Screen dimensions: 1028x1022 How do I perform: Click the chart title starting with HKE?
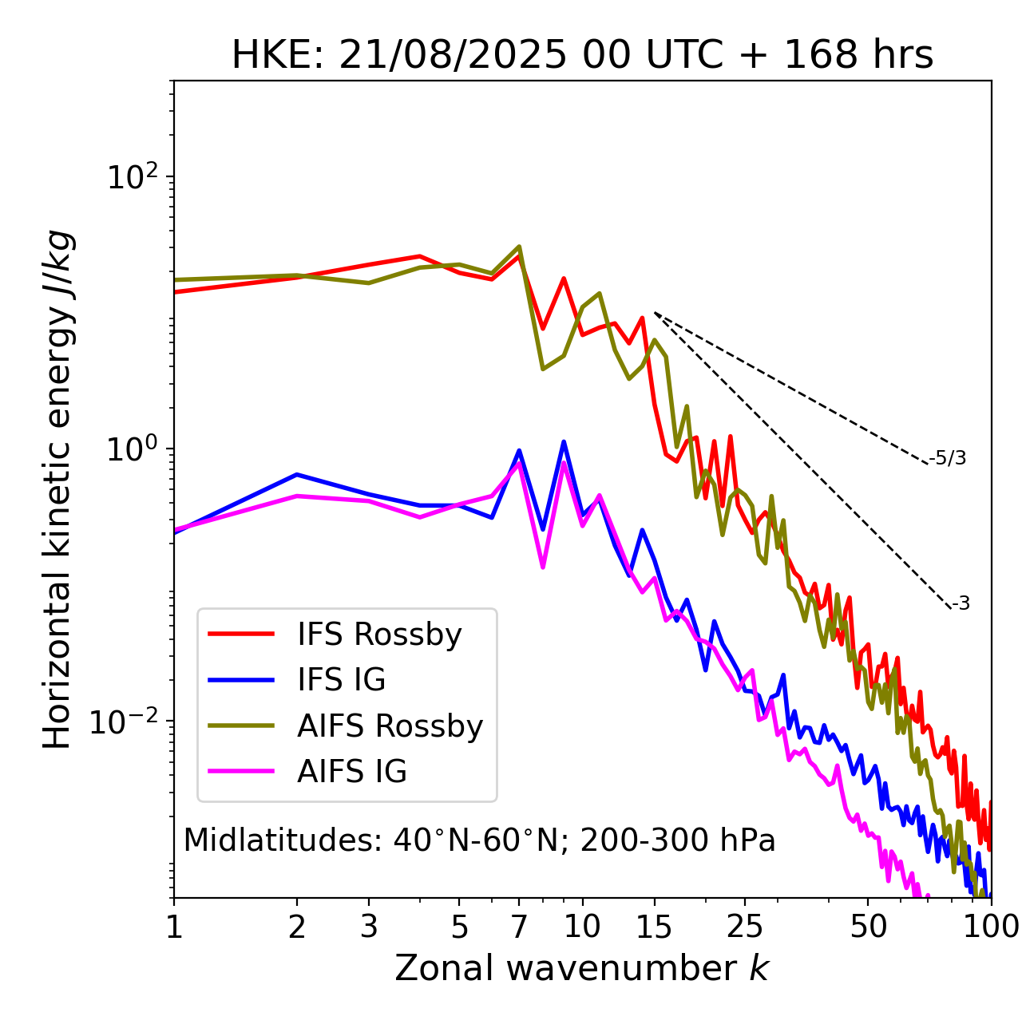tap(582, 56)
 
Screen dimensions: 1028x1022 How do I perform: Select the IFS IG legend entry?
tap(341, 680)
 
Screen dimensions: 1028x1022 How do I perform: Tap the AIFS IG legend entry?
tap(352, 772)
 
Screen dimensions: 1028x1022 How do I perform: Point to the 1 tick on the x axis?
tap(174, 927)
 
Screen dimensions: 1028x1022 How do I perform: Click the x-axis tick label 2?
tap(297, 927)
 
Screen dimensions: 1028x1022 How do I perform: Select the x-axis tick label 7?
tap(519, 927)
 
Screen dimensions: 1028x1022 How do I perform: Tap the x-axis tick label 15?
tap(655, 927)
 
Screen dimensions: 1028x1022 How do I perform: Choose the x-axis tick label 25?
tap(745, 927)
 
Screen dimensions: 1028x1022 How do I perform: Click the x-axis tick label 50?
tap(868, 927)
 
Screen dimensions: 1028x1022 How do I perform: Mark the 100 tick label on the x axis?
tap(991, 927)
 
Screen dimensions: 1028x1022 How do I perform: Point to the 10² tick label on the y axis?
tap(133, 176)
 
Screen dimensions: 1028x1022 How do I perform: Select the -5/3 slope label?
tap(948, 459)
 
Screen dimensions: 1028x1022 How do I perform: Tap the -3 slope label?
tap(961, 604)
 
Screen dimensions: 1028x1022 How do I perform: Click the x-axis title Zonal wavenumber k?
tap(582, 968)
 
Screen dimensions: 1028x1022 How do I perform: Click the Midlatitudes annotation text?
tap(479, 840)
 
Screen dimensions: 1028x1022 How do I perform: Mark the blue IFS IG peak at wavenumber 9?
tap(564, 441)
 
